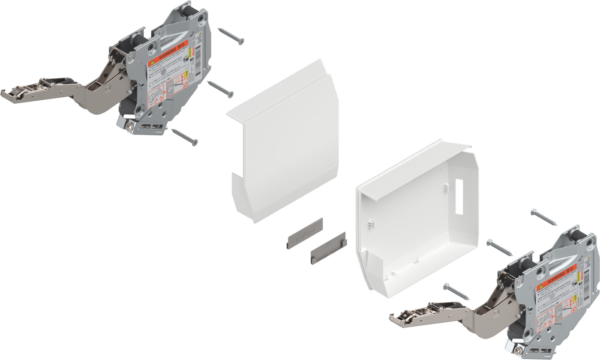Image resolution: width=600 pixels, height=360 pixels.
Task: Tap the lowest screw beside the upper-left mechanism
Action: click(183, 135)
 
